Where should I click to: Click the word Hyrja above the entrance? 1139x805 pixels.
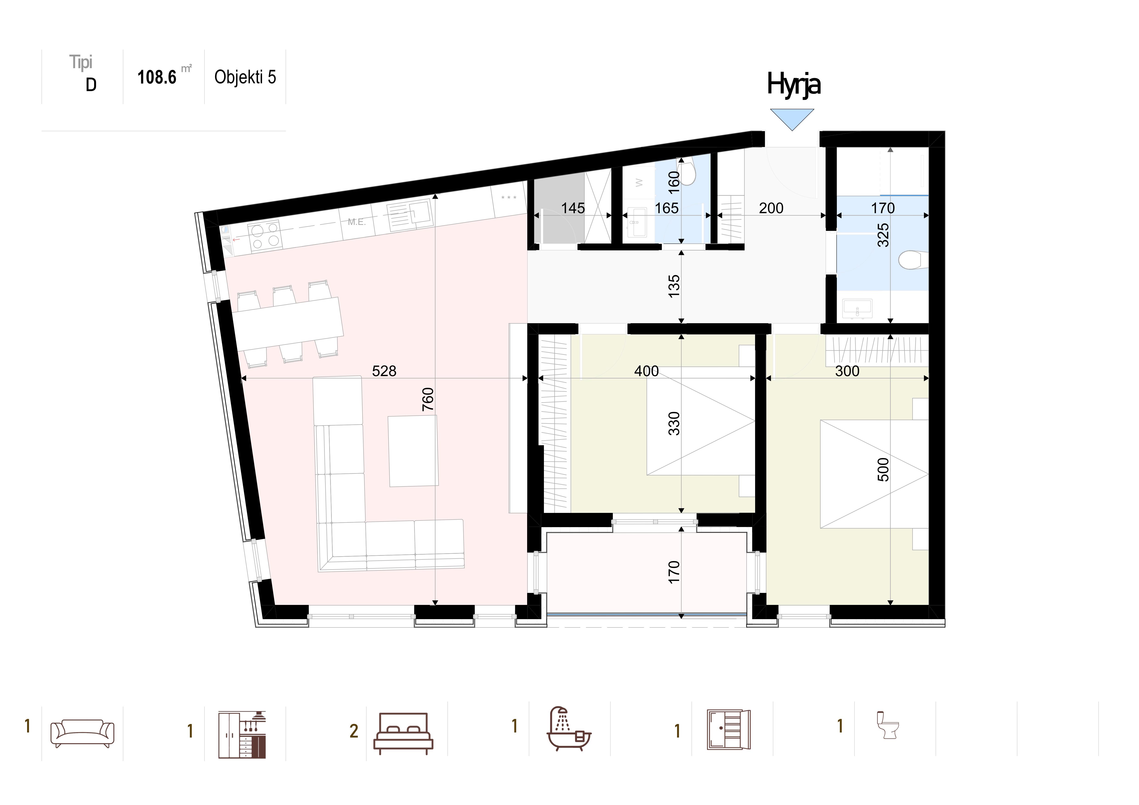click(x=794, y=84)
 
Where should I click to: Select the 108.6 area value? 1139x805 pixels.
click(x=157, y=77)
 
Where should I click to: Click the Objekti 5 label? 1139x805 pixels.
click(x=245, y=77)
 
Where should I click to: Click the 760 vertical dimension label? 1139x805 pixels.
click(x=428, y=399)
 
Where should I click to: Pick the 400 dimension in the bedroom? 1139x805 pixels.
click(x=646, y=371)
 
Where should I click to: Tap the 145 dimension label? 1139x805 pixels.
click(x=573, y=208)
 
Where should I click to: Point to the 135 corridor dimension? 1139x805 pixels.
click(x=674, y=287)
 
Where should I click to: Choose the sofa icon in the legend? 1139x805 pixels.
click(x=82, y=733)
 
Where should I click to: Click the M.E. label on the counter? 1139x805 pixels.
click(x=357, y=222)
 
